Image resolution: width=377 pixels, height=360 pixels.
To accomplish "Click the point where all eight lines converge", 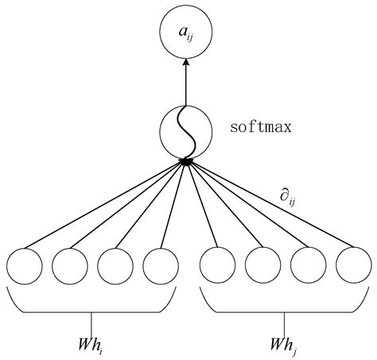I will tap(187, 161).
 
